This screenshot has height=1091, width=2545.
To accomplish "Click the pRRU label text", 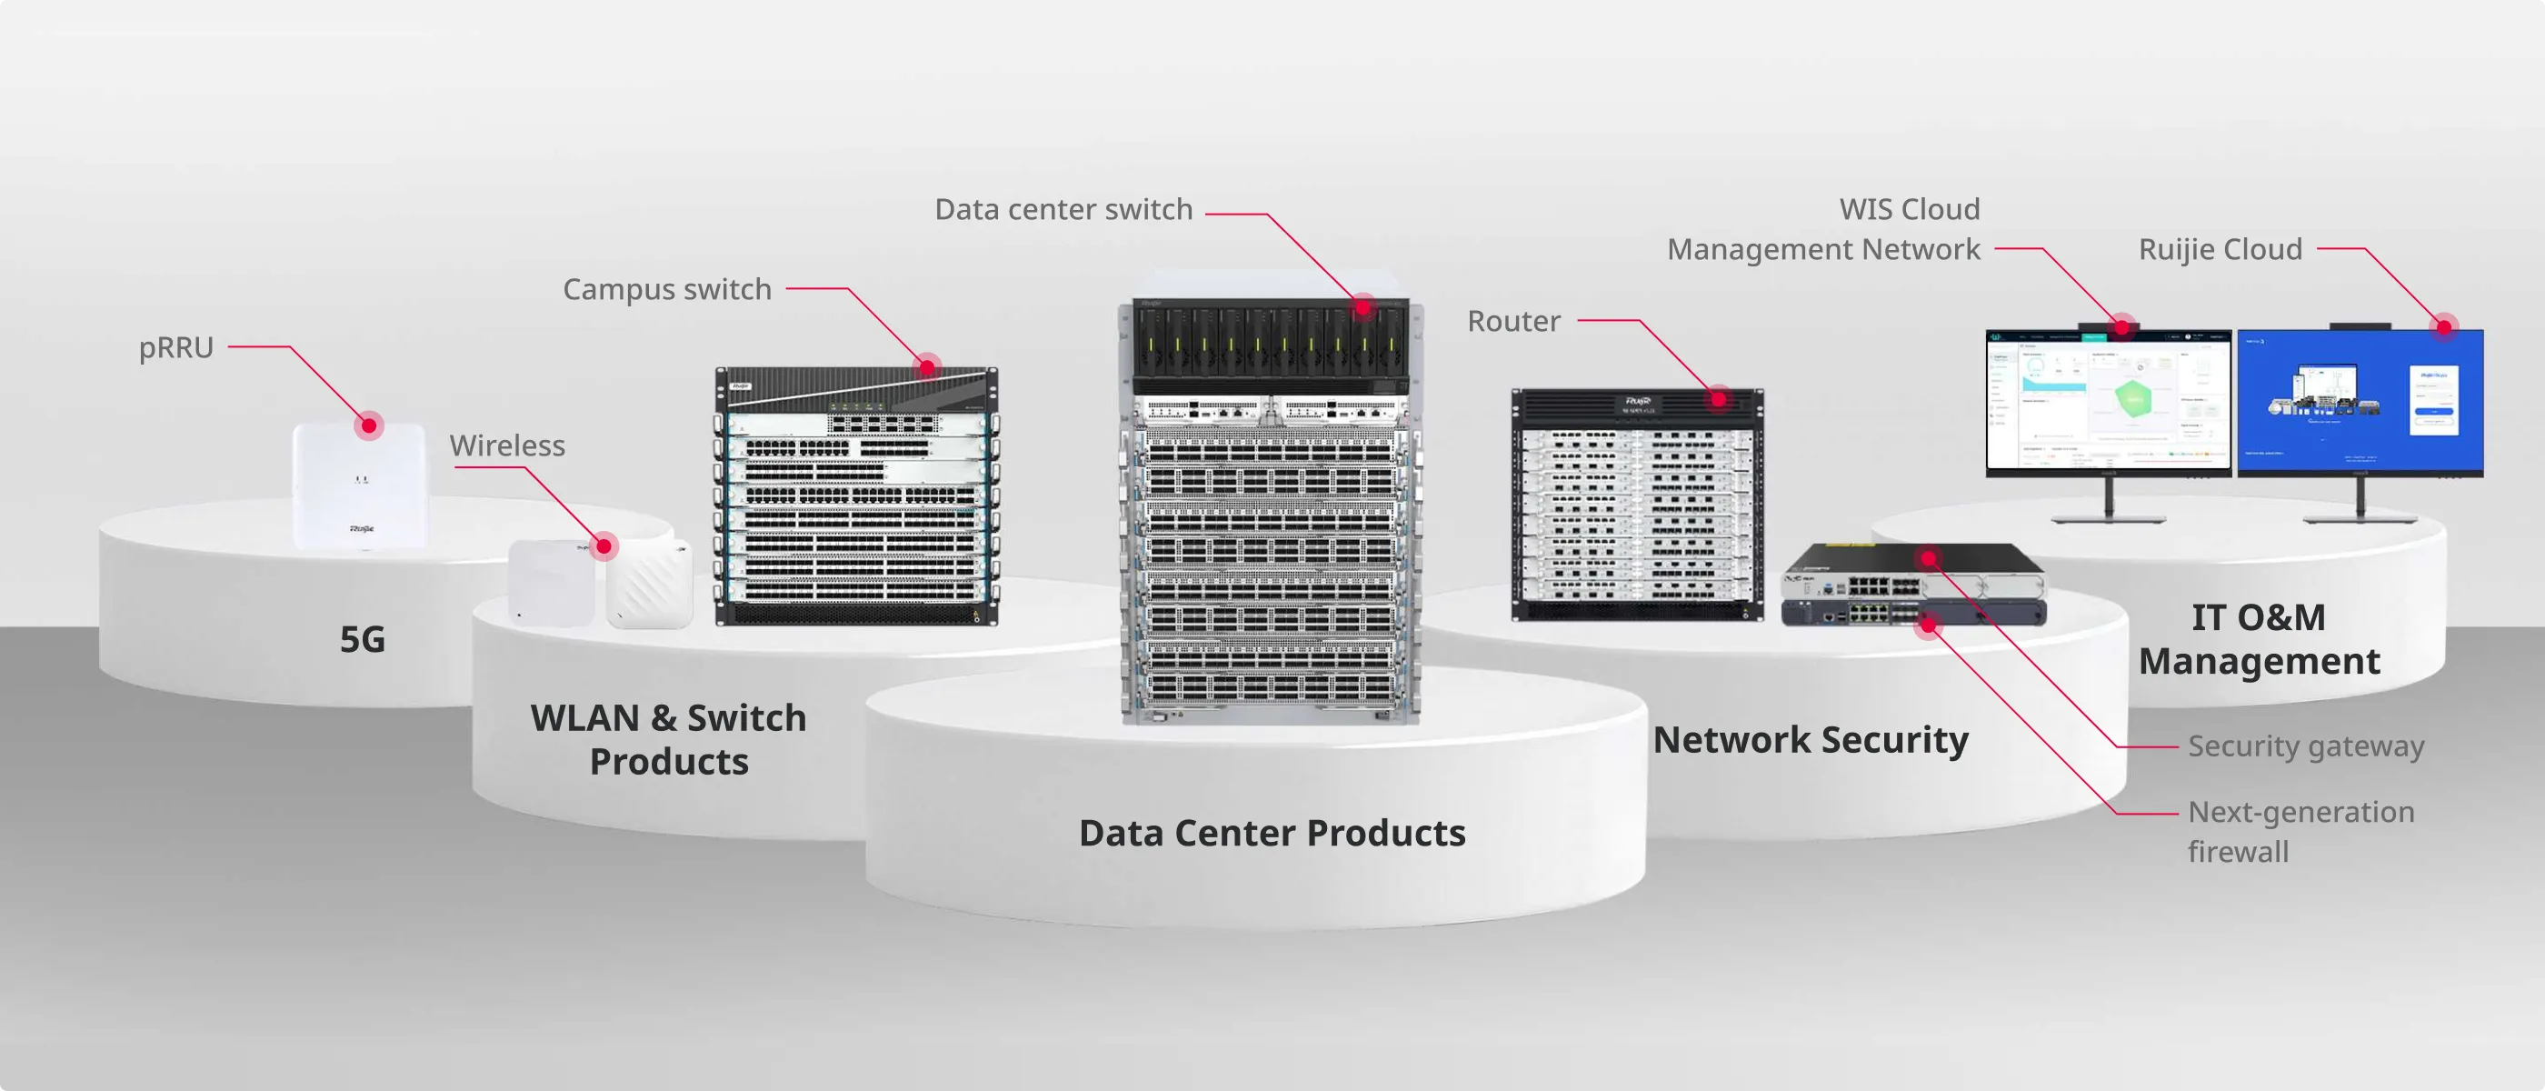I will click(175, 348).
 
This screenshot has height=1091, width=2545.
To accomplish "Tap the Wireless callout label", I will click(507, 445).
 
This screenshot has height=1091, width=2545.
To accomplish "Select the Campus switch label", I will click(667, 289).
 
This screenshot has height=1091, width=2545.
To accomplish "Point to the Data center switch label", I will click(1063, 209).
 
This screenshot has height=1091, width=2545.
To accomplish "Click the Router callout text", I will click(1513, 321).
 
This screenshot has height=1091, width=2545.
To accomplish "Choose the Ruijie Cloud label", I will click(2220, 249).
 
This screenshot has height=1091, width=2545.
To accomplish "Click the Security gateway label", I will click(2306, 746).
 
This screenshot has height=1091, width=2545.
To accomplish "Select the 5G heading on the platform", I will click(363, 639).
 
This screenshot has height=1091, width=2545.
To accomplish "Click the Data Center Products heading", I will click(1272, 833).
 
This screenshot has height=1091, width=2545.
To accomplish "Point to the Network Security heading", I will click(1810, 739).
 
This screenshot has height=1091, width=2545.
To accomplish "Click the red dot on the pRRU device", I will click(368, 425).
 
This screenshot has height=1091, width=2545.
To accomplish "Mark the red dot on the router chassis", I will click(1719, 399).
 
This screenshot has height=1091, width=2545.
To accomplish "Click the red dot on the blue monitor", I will click(2444, 327).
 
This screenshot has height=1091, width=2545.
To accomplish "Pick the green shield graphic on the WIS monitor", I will click(2133, 398).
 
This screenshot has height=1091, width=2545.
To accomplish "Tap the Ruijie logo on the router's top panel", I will click(1637, 401).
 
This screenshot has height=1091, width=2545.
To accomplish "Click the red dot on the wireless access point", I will click(604, 545).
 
